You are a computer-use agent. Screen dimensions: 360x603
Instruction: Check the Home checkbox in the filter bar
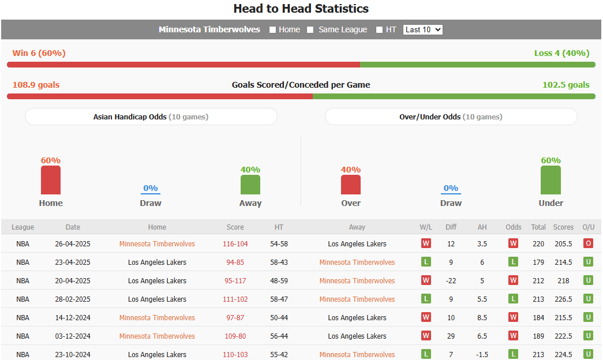[x=273, y=30]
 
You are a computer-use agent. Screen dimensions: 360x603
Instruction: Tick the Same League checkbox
[x=310, y=30]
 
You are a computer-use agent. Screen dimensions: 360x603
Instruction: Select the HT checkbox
[x=379, y=30]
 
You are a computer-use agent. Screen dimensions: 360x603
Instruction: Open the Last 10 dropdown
[x=423, y=29]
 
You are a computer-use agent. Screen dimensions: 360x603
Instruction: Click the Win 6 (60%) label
[x=39, y=53]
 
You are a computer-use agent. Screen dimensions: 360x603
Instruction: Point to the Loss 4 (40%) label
[x=561, y=53]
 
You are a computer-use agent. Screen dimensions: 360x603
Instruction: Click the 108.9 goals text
[x=36, y=85]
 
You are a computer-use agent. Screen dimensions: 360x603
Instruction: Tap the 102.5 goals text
[x=565, y=85]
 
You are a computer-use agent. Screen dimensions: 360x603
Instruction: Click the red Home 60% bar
[x=51, y=181]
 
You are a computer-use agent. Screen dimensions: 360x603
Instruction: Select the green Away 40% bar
[x=250, y=185]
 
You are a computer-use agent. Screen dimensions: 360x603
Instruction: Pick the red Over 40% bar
[x=351, y=185]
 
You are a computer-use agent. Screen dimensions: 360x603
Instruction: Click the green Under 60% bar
[x=550, y=181]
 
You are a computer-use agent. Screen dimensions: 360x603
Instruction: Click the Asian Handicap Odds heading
[x=151, y=117]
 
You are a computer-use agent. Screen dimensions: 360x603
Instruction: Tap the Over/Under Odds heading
[x=451, y=117]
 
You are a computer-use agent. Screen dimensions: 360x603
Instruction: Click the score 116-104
[x=235, y=244]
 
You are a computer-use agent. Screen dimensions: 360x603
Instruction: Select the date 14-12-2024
[x=73, y=318]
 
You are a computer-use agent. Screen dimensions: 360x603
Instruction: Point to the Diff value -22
[x=451, y=281]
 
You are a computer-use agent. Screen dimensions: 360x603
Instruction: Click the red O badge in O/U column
[x=588, y=243]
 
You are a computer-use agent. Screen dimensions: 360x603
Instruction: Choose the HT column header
[x=279, y=227]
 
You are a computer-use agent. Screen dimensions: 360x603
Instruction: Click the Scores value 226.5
[x=563, y=299]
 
